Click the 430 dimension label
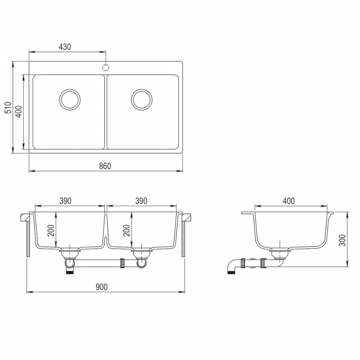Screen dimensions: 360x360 pyautogui.click(x=65, y=47)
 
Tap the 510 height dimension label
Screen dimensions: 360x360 pyautogui.click(x=8, y=108)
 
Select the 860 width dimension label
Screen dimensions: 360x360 pyautogui.click(x=105, y=166)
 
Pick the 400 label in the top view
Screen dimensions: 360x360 pyautogui.click(x=19, y=111)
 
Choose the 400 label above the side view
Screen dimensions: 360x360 pyautogui.click(x=288, y=201)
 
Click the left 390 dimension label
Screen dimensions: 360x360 pyautogui.click(x=65, y=201)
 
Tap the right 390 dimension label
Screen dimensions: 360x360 pyautogui.click(x=141, y=201)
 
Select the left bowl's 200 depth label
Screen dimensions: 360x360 pyautogui.click(x=51, y=230)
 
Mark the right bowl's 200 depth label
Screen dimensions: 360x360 pyautogui.click(x=127, y=230)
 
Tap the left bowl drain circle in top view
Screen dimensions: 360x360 pyautogui.click(x=70, y=99)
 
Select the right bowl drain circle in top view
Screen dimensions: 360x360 pyautogui.click(x=142, y=99)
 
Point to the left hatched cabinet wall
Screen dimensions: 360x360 pyautogui.click(x=28, y=239)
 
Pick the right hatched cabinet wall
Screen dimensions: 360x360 pyautogui.click(x=183, y=239)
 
